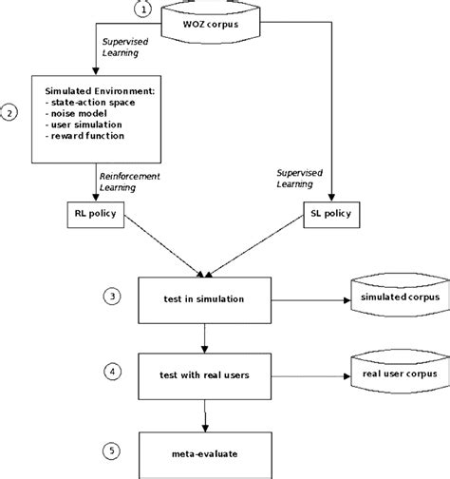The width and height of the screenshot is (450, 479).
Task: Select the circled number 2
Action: (9, 112)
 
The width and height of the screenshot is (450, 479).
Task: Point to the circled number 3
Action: (112, 297)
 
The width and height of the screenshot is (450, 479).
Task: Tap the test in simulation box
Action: (206, 298)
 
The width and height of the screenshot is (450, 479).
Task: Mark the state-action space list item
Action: (92, 101)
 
